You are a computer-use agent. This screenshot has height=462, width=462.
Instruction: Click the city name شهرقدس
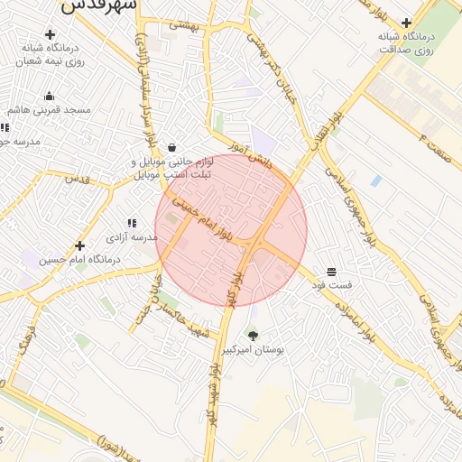point(101,5)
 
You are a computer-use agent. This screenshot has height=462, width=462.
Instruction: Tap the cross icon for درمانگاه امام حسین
point(80,245)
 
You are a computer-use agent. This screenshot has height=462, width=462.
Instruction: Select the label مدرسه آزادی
point(133,237)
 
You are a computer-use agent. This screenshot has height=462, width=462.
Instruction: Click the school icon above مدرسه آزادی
point(132,222)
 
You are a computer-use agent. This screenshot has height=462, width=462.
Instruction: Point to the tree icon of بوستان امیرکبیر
point(253,336)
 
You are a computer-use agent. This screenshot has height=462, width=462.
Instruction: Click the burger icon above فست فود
point(332,272)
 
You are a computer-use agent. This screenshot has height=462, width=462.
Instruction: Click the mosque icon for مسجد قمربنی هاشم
point(49,97)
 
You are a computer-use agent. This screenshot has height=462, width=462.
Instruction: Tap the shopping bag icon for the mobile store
point(171,147)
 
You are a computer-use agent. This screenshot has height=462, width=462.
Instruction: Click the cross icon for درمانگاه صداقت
point(407,23)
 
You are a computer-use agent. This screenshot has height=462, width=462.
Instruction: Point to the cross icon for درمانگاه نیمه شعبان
point(50,34)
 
